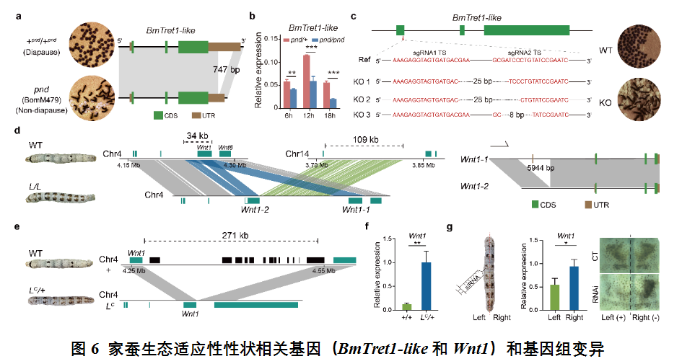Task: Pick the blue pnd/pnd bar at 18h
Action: pyautogui.click(x=333, y=104)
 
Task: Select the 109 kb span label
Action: pyautogui.click(x=366, y=138)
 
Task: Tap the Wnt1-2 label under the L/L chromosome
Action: pyautogui.click(x=255, y=209)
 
